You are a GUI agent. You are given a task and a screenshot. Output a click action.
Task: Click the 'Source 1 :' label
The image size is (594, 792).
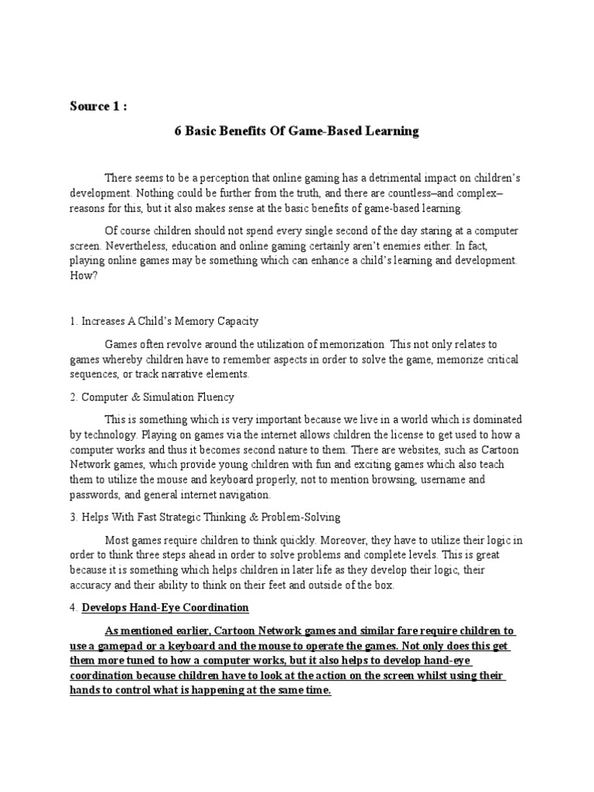pos(97,106)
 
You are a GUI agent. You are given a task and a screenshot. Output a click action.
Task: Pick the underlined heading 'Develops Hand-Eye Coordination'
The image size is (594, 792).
pos(166,608)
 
